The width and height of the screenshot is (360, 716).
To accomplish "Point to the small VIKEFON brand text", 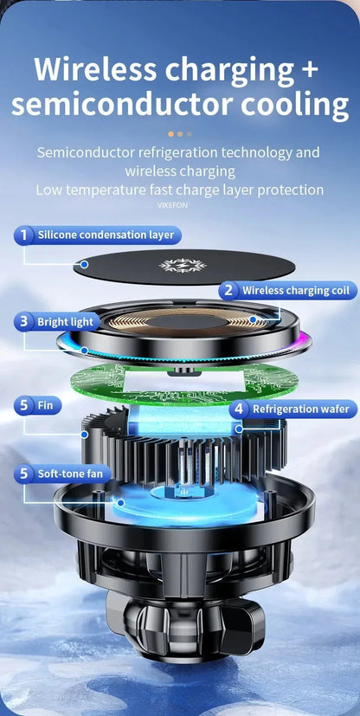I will point(173,205).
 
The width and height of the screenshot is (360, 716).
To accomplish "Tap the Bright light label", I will point(65,322).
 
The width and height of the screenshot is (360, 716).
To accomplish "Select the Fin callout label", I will point(46,404).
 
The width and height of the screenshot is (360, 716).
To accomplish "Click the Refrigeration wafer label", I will point(299,409).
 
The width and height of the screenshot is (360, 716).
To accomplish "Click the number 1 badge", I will point(25,235).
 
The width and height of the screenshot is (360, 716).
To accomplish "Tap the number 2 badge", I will point(228,291).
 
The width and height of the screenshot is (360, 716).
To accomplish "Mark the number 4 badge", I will point(239,409).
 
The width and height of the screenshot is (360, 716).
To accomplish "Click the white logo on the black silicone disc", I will point(181,265).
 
